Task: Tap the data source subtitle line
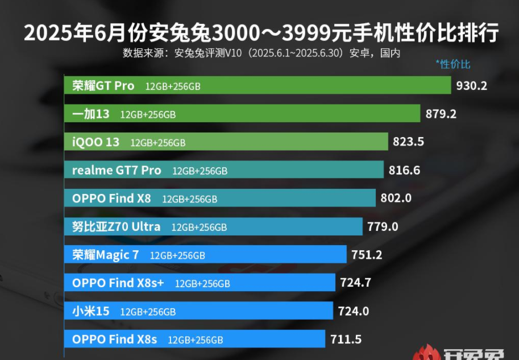pos(261,53)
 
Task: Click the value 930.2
pos(472,86)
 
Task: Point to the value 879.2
pos(441,114)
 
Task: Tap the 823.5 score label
pos(409,142)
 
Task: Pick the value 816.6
pos(405,170)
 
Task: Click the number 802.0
pos(396,198)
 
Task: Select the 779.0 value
pos(383,226)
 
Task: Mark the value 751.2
pos(367,254)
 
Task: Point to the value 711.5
pos(346,340)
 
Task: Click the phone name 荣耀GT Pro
pos(103,86)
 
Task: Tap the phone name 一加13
pos(91,114)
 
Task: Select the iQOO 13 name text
pos(96,142)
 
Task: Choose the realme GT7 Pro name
pos(117,170)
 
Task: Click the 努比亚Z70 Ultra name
pos(117,226)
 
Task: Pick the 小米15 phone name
pos(91,311)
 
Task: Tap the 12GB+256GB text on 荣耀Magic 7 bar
pos(177,255)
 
